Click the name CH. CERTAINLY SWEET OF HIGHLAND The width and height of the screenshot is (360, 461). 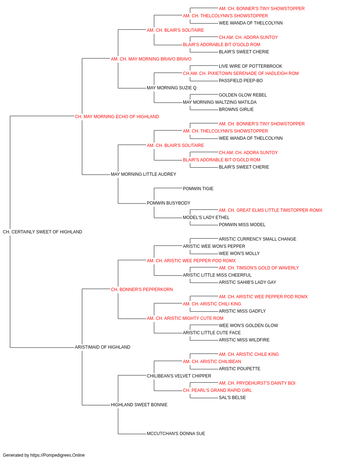tap(42, 232)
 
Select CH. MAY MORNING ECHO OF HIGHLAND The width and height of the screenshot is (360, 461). tap(117, 117)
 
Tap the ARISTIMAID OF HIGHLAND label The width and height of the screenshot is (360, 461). tap(102, 347)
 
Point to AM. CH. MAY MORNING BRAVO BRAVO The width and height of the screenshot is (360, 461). tap(151, 59)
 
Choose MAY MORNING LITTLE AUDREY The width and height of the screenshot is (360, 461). tap(143, 174)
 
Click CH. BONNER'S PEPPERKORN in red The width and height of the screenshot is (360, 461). tap(142, 290)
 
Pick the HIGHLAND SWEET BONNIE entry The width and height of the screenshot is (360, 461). tap(139, 405)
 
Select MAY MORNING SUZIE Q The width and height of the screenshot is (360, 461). tap(171, 88)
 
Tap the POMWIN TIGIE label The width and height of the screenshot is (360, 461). tap(198, 189)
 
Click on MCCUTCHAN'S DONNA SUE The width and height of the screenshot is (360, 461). tap(176, 434)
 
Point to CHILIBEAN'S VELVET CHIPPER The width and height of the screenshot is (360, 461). tap(179, 376)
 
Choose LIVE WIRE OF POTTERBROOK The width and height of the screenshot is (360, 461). tap(251, 66)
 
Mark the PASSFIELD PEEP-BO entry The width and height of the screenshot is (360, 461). tap(240, 81)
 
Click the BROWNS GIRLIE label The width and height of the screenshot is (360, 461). tap(236, 109)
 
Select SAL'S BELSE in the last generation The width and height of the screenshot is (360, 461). tap(232, 398)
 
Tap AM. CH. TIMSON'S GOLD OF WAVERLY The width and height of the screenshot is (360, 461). tap(258, 268)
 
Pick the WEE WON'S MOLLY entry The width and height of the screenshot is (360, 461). tap(239, 254)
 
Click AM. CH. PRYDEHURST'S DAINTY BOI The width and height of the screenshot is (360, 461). tap(257, 383)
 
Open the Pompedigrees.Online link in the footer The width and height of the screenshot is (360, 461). tap(57, 455)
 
